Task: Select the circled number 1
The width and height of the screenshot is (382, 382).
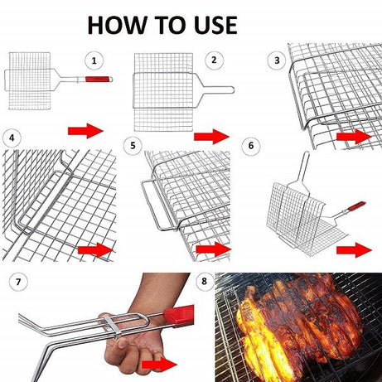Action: pyautogui.click(x=96, y=60)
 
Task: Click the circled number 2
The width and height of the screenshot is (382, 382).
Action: pyautogui.click(x=214, y=60)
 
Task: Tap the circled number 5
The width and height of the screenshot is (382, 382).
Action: pyautogui.click(x=133, y=145)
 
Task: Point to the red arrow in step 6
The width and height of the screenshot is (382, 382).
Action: pyautogui.click(x=354, y=249)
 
